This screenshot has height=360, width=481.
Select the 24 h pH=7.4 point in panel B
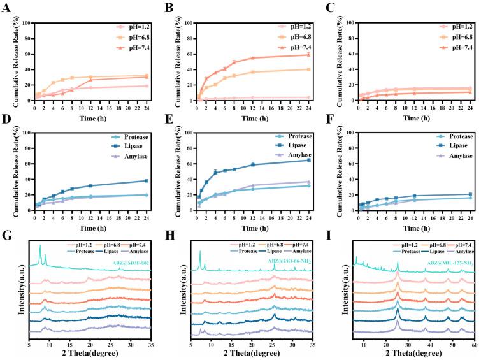tap(308, 55)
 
